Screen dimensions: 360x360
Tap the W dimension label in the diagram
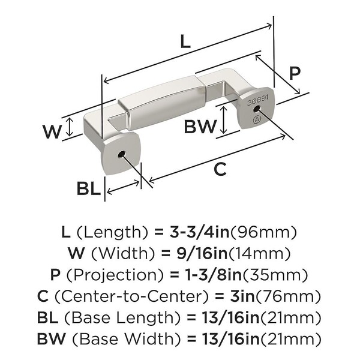click(x=52, y=131)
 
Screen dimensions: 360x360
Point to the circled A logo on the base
click(x=257, y=119)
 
